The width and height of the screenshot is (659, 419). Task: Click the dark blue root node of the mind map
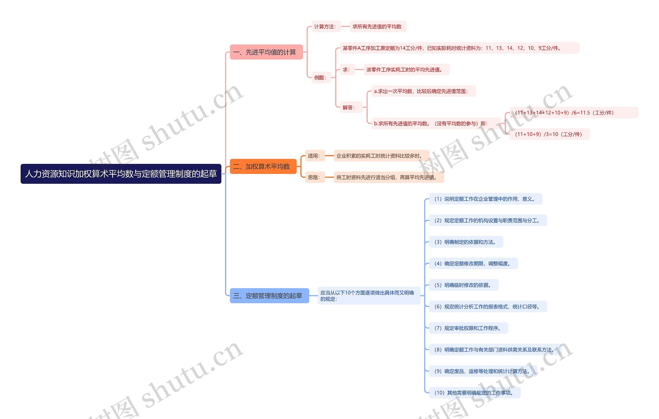pyautogui.click(x=121, y=174)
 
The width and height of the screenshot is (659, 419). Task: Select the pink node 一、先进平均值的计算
pyautogui.click(x=266, y=52)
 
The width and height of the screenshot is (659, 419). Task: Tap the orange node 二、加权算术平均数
pyautogui.click(x=263, y=166)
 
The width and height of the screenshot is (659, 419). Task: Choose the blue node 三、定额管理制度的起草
pyautogui.click(x=269, y=296)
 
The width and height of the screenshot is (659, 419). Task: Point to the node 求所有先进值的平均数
pyautogui.click(x=378, y=26)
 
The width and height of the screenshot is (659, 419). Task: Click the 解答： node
pyautogui.click(x=350, y=108)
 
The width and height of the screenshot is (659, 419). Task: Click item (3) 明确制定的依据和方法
pyautogui.click(x=466, y=242)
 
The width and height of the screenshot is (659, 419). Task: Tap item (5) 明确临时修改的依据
pyautogui.click(x=463, y=285)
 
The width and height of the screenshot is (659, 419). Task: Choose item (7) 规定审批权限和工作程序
pyautogui.click(x=468, y=328)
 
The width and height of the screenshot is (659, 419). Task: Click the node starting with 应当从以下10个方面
pyautogui.click(x=368, y=296)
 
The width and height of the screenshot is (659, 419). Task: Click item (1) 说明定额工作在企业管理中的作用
pyautogui.click(x=485, y=199)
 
